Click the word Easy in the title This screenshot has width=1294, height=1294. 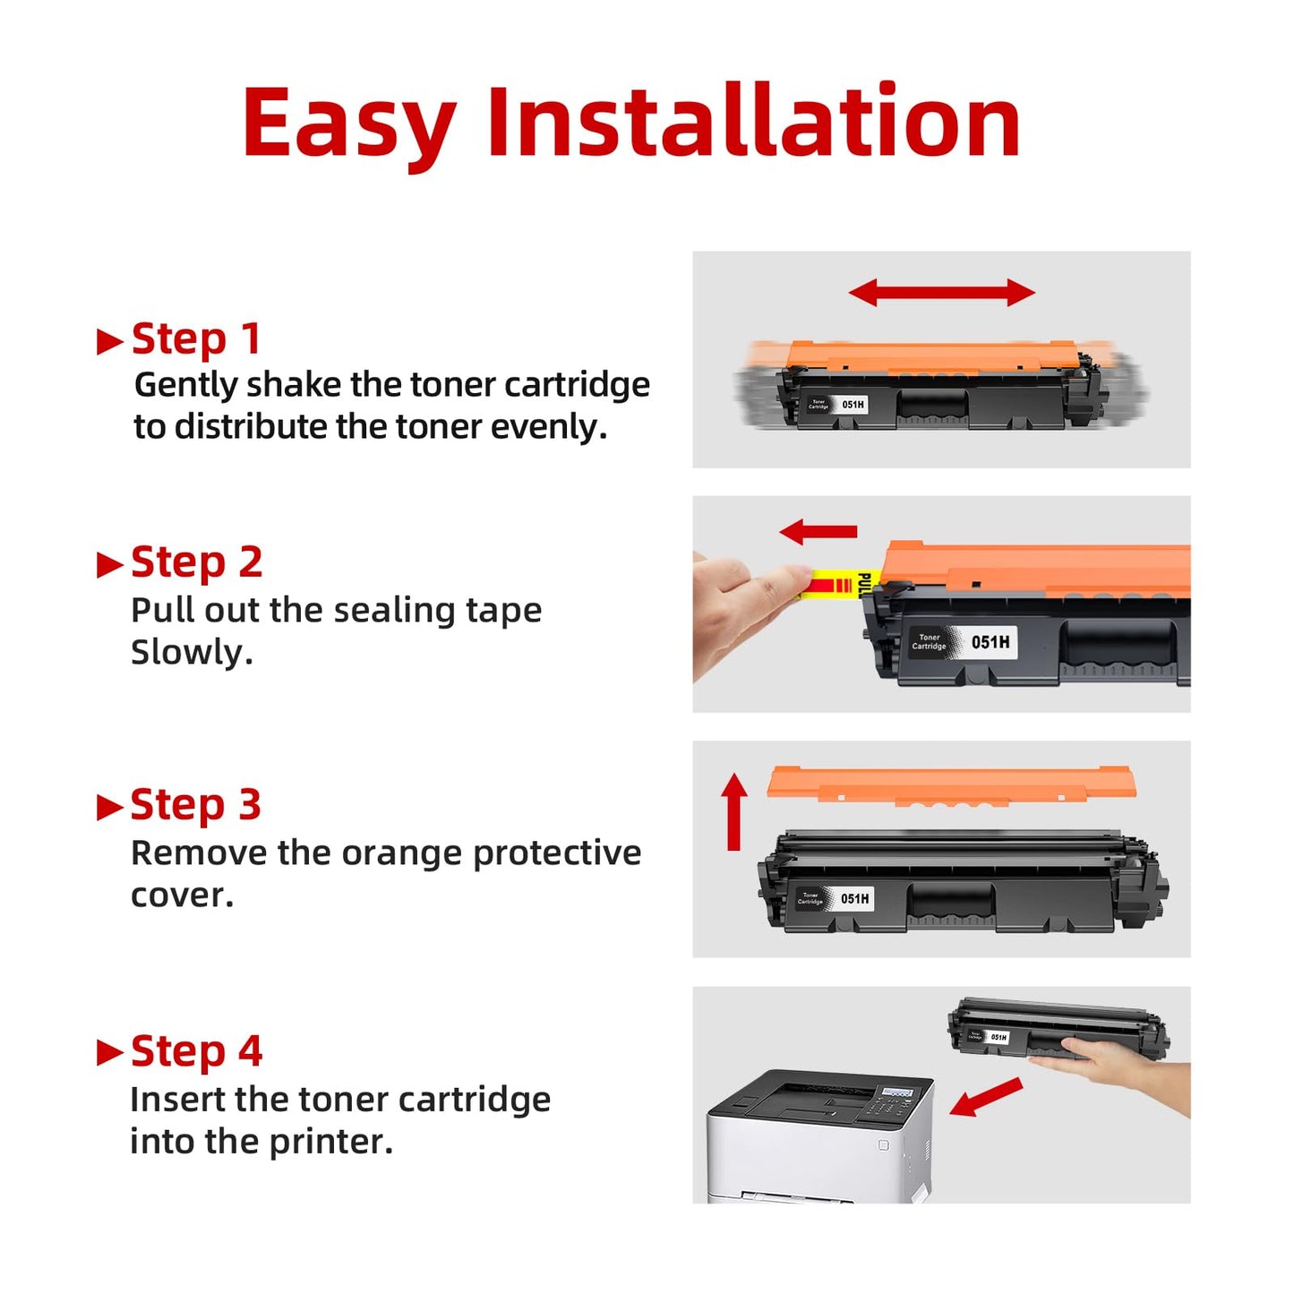(x=348, y=124)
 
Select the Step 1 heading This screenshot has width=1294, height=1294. (x=196, y=338)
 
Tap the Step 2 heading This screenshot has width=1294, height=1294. (x=196, y=562)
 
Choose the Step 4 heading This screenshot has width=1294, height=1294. (x=196, y=1050)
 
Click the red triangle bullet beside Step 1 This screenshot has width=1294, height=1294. (x=109, y=341)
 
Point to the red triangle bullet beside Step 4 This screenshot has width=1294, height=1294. (x=109, y=1052)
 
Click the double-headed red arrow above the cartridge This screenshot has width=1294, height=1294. (x=941, y=292)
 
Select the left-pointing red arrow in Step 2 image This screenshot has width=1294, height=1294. (x=818, y=532)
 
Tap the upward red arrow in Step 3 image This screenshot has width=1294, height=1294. (x=734, y=810)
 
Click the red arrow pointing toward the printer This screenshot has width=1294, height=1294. (x=985, y=1097)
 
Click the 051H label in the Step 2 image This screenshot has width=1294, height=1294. (x=990, y=642)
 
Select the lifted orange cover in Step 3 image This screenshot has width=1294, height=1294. (x=951, y=783)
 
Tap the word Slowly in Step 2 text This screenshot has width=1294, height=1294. (x=191, y=653)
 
